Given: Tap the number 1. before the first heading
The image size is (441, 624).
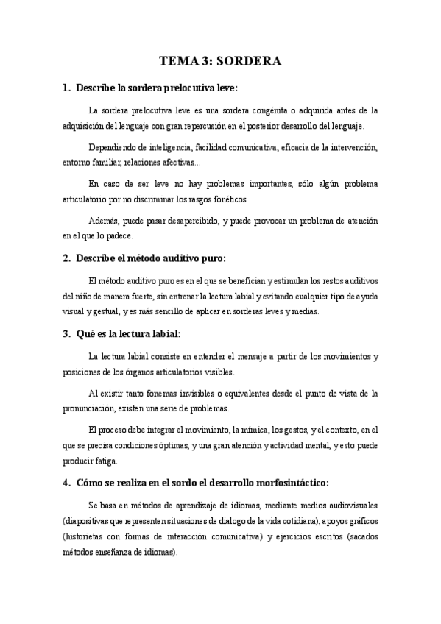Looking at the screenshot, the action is [x=67, y=88].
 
